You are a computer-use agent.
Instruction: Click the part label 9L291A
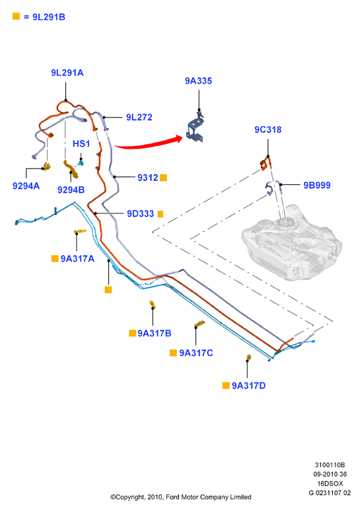(x=67, y=73)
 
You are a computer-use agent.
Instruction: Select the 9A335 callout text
(x=198, y=81)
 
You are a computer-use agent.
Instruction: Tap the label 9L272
(x=139, y=118)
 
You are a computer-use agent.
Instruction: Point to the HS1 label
(x=81, y=144)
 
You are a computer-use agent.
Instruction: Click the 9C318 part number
(x=268, y=129)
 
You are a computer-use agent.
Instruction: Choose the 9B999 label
(x=317, y=186)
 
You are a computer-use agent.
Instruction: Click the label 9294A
(x=26, y=186)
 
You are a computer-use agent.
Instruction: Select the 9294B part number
(x=71, y=190)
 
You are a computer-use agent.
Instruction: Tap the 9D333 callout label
(x=140, y=213)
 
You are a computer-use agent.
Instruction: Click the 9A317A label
(x=77, y=259)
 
